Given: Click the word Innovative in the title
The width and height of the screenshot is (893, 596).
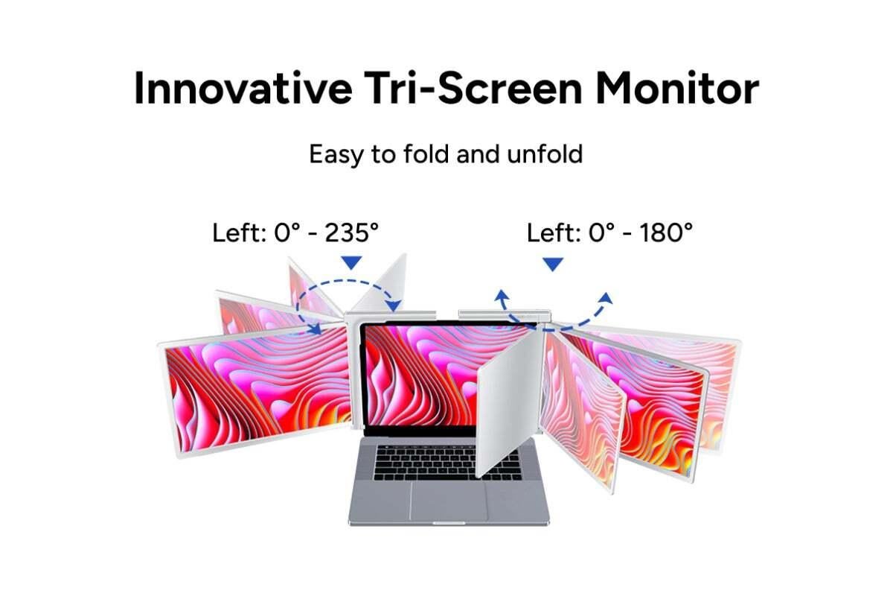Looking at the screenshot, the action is point(243,88).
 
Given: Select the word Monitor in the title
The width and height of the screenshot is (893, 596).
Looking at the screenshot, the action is point(677,88).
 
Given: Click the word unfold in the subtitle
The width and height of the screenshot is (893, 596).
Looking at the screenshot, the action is point(545,153).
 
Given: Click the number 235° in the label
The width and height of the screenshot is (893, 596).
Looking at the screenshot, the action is point(351,232).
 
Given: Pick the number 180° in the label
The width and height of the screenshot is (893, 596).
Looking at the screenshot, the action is point(667,232).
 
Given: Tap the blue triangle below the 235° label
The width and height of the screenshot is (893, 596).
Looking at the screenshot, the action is point(351,262).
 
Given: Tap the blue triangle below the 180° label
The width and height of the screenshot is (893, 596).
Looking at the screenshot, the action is point(553,264).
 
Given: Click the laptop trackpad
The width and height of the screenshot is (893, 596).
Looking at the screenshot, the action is point(449,501).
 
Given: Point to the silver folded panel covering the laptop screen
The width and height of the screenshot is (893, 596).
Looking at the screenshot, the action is point(510,403).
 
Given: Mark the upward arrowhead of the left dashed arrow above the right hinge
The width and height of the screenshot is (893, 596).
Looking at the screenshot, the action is point(502,296).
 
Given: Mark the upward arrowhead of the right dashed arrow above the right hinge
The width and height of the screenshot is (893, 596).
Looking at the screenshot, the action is point(606,298).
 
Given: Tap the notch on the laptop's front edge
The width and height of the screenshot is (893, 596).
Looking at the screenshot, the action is point(449,523).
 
